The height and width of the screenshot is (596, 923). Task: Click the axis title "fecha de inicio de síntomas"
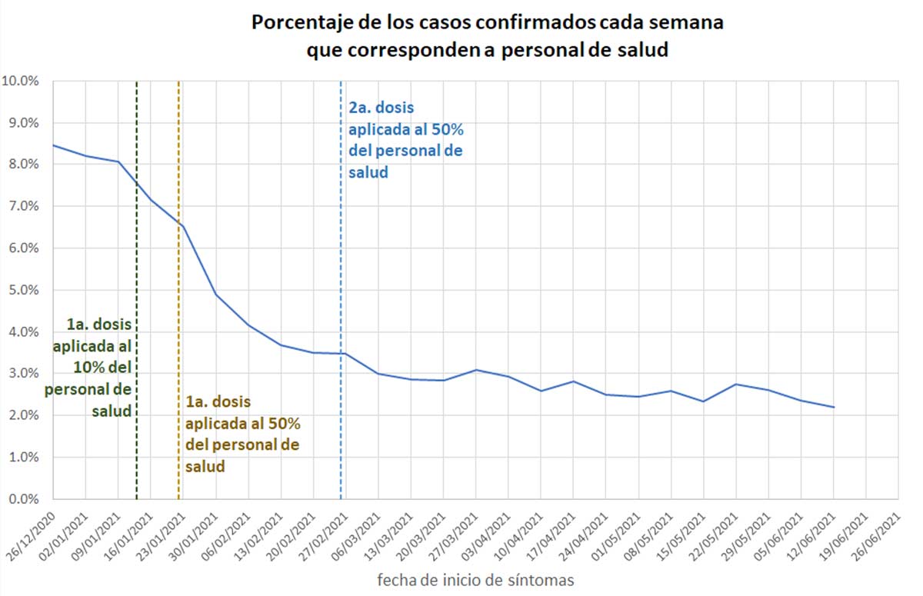(475, 581)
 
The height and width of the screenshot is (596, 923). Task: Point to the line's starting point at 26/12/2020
(52, 145)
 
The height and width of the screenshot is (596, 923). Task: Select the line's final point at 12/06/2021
(834, 407)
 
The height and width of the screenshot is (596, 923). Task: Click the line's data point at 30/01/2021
(216, 295)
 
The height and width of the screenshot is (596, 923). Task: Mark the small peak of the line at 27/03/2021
(477, 370)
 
